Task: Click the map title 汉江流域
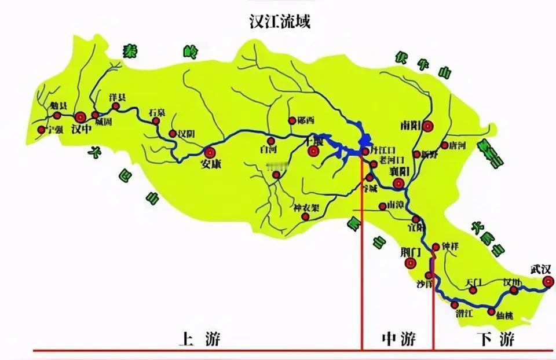[277, 23]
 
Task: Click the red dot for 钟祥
[436, 248]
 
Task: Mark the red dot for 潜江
[455, 304]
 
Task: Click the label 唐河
[456, 145]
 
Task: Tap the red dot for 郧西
[292, 121]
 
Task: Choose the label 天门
[474, 283]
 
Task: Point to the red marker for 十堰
[313, 152]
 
